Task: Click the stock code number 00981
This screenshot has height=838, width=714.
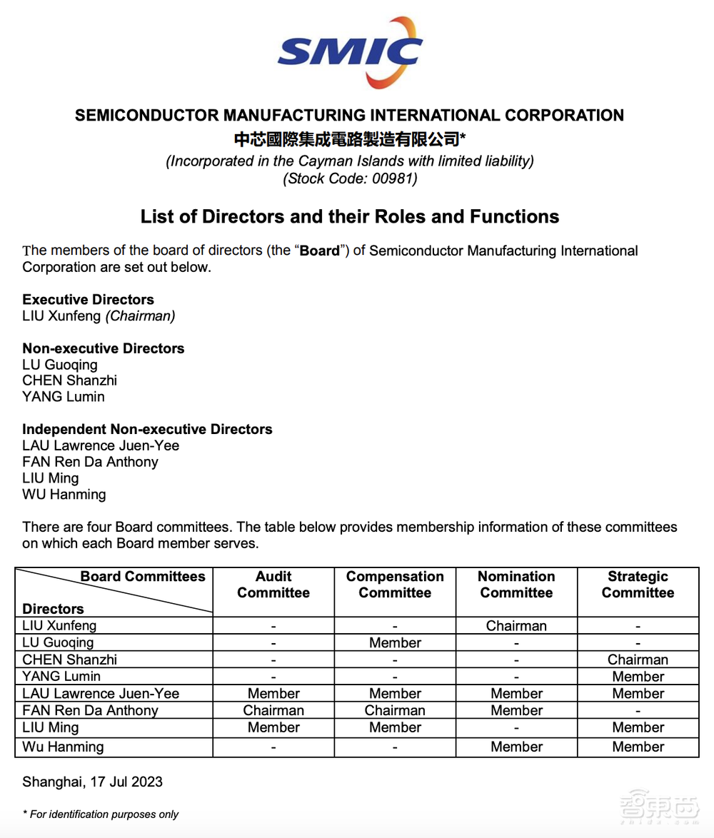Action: [394, 179]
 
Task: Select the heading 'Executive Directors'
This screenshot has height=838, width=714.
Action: [88, 300]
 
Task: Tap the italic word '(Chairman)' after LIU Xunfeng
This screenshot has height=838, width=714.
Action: [141, 316]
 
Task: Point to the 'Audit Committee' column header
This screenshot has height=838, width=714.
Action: [273, 585]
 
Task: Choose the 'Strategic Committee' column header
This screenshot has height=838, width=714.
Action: [638, 585]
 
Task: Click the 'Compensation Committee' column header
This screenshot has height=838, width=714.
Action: [395, 585]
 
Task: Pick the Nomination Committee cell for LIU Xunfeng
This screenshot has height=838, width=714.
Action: [516, 626]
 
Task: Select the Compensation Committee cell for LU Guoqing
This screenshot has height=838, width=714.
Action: [395, 643]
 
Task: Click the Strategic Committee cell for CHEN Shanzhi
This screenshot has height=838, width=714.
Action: [638, 660]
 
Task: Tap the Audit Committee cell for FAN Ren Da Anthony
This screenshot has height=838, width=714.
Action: [273, 711]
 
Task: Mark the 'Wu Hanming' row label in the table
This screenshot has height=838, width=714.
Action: [63, 747]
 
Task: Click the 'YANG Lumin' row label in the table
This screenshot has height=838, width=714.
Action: [61, 677]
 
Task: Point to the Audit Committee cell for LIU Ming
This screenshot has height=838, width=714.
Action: [273, 728]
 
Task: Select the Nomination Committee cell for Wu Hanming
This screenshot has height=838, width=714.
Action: [516, 747]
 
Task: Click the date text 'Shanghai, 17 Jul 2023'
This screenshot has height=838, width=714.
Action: [92, 782]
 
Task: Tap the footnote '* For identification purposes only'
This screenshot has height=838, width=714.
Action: [101, 814]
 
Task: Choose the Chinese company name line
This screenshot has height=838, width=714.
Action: [350, 138]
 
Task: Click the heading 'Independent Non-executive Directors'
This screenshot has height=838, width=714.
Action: [147, 430]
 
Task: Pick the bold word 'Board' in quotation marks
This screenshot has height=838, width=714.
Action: [319, 251]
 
